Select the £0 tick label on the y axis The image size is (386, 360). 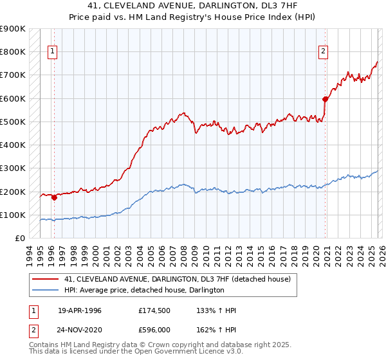[19, 239]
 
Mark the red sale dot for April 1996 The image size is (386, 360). [54, 198]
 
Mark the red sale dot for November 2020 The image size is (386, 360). [326, 99]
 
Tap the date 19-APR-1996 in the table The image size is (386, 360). [80, 310]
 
